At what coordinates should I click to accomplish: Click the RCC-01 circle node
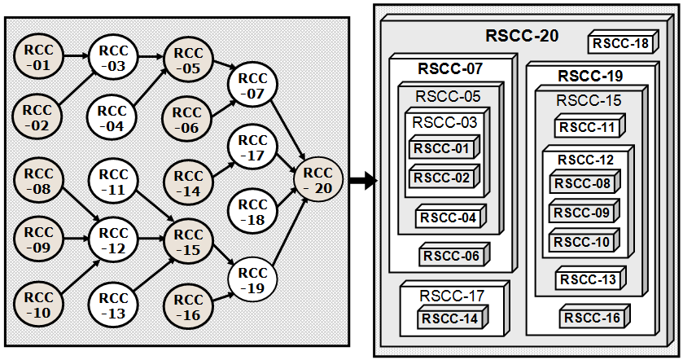pos(37,56)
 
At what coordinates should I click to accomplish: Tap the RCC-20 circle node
pos(316,180)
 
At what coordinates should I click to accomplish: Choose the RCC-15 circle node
pos(187,242)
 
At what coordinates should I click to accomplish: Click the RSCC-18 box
pos(621,44)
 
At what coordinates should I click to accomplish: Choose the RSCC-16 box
pos(592,318)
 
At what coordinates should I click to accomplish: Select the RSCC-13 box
pos(589,279)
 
